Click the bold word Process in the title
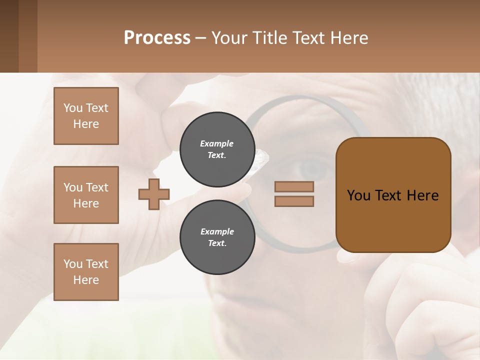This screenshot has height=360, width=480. pyautogui.click(x=157, y=38)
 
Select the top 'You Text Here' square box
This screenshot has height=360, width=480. pyautogui.click(x=86, y=116)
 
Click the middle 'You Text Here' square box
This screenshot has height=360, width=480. pyautogui.click(x=86, y=195)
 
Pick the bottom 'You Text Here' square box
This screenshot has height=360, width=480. pyautogui.click(x=86, y=272)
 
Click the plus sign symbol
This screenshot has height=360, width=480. pyautogui.click(x=154, y=194)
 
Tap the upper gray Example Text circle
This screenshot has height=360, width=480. pyautogui.click(x=217, y=149)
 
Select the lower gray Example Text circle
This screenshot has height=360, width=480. pyautogui.click(x=217, y=237)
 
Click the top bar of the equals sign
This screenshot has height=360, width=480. pyautogui.click(x=294, y=186)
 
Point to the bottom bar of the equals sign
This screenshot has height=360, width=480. pyautogui.click(x=294, y=201)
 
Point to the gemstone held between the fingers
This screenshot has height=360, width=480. pyautogui.click(x=260, y=159)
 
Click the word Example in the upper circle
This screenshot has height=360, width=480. pyautogui.click(x=217, y=143)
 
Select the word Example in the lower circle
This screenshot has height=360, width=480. pyautogui.click(x=217, y=231)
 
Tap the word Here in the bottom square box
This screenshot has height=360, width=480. pyautogui.click(x=86, y=280)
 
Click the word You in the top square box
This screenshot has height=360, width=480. pyautogui.click(x=73, y=108)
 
